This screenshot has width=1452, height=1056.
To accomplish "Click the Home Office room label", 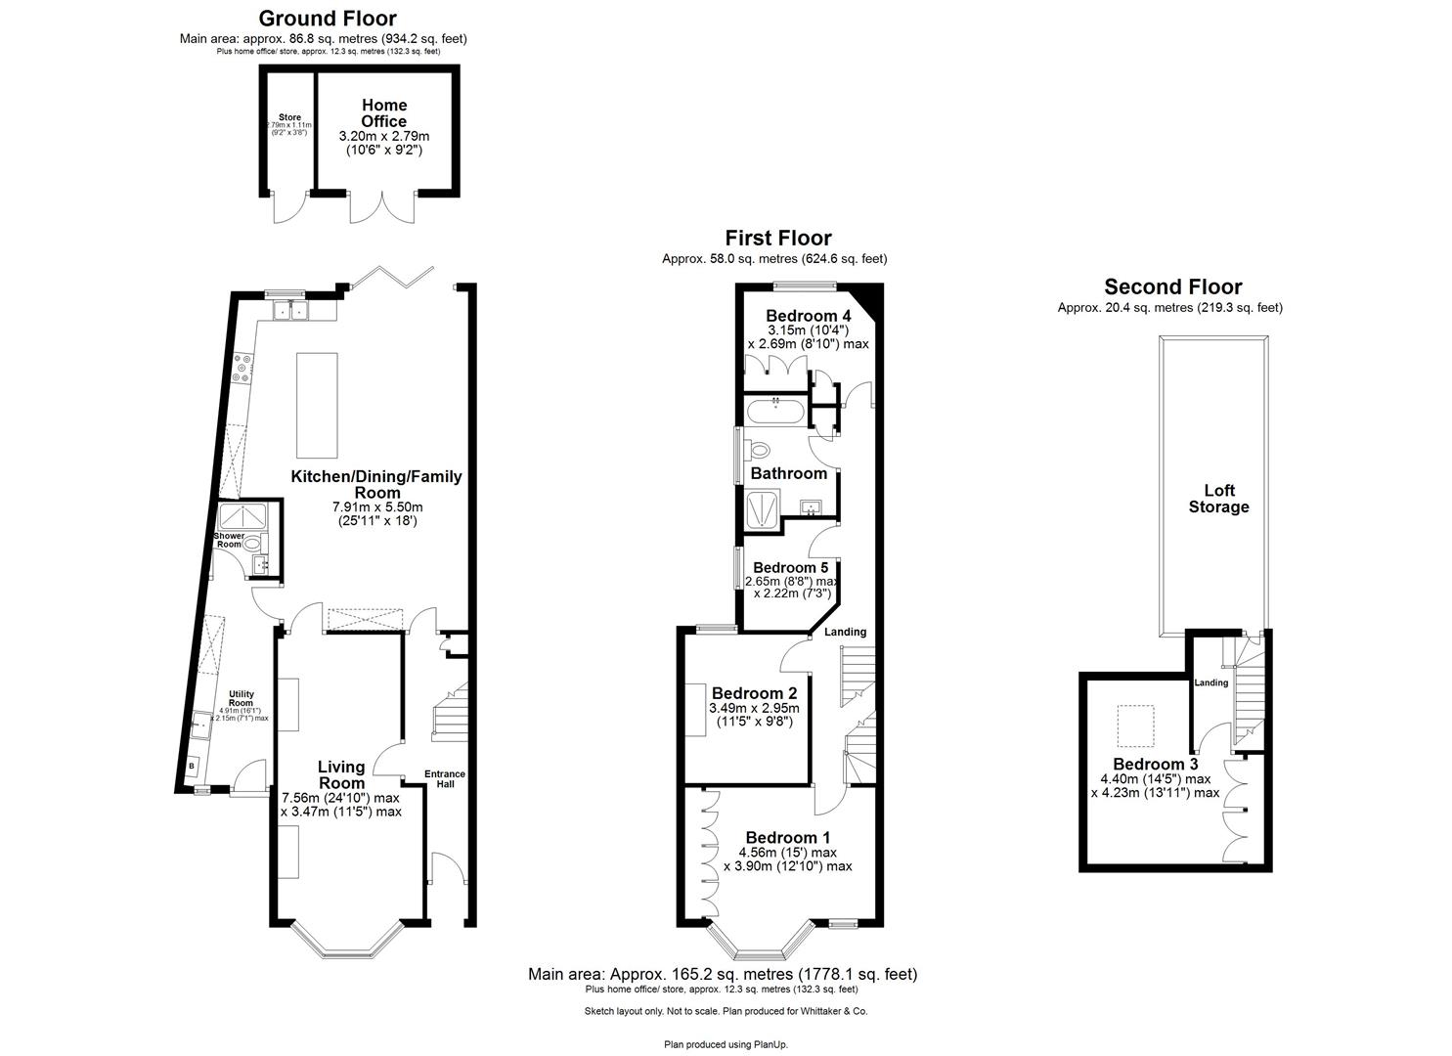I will point(384,112).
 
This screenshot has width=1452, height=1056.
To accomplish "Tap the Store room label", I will point(289,117).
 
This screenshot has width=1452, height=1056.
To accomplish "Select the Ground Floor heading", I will point(327,19).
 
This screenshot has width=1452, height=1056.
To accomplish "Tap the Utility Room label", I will point(241,698).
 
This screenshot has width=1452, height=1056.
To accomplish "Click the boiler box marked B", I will point(192,766).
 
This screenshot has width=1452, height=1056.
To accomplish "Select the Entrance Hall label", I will point(445,779).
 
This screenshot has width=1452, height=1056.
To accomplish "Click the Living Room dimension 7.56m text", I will point(340,797).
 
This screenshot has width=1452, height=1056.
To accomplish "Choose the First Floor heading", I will point(777,238).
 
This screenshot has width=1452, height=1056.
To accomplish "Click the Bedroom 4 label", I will point(808,316).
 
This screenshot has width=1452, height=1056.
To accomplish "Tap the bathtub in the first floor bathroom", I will point(775,412).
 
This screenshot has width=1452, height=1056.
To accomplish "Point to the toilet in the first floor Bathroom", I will point(759,450).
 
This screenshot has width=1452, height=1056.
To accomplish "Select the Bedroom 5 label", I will point(790,567).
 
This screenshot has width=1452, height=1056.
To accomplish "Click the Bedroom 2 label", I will point(749,693).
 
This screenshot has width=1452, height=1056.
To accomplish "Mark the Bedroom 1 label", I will point(787,837).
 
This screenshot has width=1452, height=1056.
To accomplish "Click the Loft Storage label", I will point(1218,499).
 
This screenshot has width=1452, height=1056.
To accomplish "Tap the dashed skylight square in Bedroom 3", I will point(1135,725).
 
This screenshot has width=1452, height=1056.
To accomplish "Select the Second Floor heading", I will point(1172,286).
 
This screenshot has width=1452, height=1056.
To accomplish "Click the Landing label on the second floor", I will point(1210,682).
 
